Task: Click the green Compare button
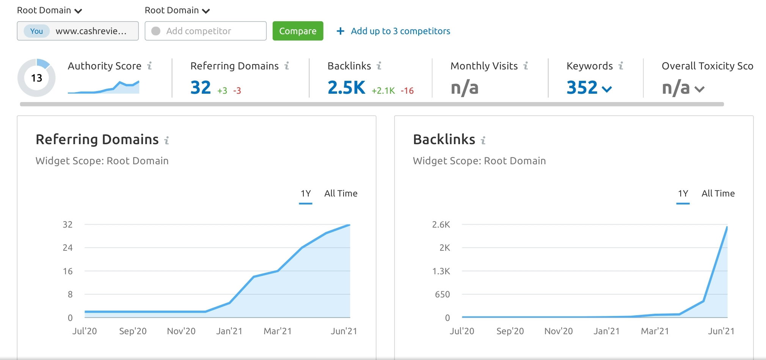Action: pos(298,31)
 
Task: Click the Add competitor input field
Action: pos(206,31)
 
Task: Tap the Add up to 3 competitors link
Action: pos(394,31)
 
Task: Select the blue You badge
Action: pos(36,31)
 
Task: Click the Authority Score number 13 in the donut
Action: pos(36,78)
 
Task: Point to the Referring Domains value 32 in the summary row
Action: pos(201,87)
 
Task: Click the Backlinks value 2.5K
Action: pos(346,87)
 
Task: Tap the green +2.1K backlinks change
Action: pos(383,91)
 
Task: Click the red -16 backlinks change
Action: pos(407,91)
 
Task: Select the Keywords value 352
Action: pos(582,87)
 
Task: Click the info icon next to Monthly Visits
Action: pos(526,66)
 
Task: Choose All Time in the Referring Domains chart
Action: pos(341,193)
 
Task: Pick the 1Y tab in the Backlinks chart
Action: pos(683,193)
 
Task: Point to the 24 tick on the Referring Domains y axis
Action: pos(67,248)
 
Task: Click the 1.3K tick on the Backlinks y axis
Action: pos(441,271)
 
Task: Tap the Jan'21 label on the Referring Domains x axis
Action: pos(229,331)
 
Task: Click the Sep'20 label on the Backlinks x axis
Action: pos(510,331)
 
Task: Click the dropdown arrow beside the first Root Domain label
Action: pos(78,11)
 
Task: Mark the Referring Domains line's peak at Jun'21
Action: pos(349,225)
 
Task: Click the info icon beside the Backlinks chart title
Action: pos(483,140)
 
